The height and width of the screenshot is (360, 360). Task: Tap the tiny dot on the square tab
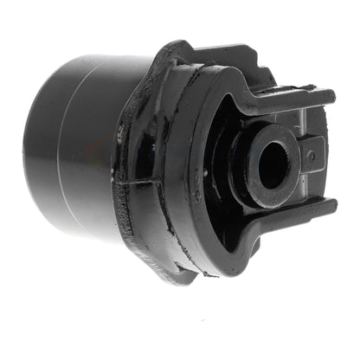click(x=311, y=157)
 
